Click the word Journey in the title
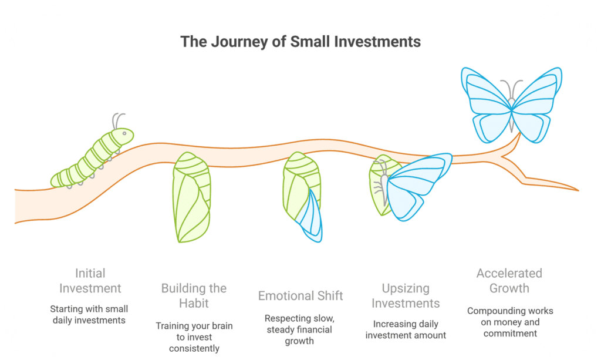point(239,42)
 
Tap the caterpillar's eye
point(124,133)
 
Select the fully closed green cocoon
point(192,197)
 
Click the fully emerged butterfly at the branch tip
point(512,105)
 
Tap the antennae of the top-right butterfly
point(512,89)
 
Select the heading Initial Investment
point(90,281)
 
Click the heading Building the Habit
point(194,295)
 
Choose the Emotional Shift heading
point(300,295)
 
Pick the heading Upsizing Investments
point(406,295)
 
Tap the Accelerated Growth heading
point(509,281)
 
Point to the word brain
point(222,326)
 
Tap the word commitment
point(510,334)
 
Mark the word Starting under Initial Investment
point(65,309)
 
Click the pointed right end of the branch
point(578,190)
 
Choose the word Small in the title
point(310,42)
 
